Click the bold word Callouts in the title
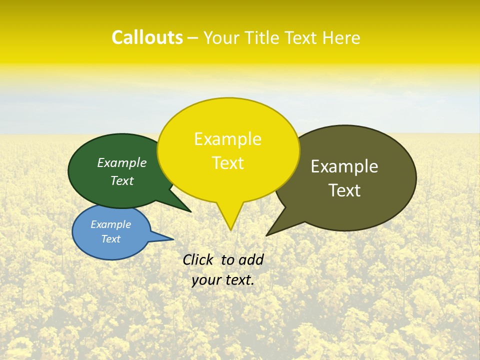pos(147,37)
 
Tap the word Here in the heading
pos(341,37)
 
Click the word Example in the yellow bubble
pos(227,139)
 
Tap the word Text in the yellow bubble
pos(227,163)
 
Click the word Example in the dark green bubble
pos(121,162)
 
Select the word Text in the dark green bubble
pos(121,180)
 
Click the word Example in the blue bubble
pos(110,224)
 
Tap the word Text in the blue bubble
pos(110,239)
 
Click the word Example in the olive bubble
pos(344,166)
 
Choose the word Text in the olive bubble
pos(344,190)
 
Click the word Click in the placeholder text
pos(198,259)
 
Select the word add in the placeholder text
pos(251,259)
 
